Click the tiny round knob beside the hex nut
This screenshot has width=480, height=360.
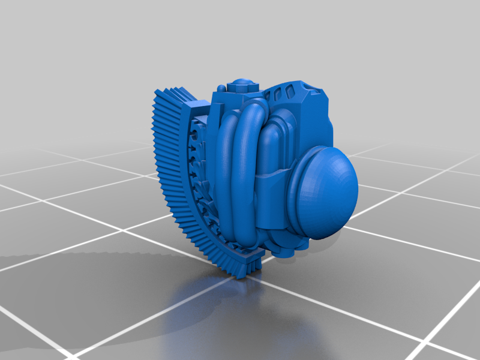(222, 89)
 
